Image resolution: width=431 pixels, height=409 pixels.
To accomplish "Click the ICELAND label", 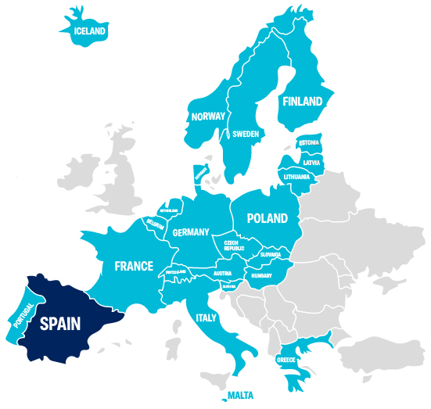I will pos(89,32).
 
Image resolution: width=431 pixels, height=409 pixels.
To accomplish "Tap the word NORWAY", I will pos(208,117).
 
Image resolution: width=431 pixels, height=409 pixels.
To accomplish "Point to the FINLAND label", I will pos(302,102).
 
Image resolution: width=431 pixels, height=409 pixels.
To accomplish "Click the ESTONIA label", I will pos(309,142).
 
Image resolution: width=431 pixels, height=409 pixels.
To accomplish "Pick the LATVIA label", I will pos(312,162).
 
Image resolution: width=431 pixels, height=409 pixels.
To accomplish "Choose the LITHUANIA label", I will pos(297,177).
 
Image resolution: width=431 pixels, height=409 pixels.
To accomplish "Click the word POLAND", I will pos(267,218).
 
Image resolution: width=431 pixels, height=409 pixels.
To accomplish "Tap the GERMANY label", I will pos(191,232).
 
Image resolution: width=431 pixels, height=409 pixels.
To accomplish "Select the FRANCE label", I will pos(134,266).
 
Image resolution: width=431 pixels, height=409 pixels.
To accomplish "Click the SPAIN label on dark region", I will pos(60,323).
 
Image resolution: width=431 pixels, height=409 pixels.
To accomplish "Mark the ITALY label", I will pos(206,318).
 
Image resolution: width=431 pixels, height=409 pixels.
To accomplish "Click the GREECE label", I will pos(286,361).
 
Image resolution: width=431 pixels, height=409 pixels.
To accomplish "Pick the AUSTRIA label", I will pos(223,274).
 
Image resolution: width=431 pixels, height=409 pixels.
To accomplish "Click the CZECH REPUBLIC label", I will pos(235,246).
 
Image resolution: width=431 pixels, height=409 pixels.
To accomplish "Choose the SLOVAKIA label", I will pos(270,254).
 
